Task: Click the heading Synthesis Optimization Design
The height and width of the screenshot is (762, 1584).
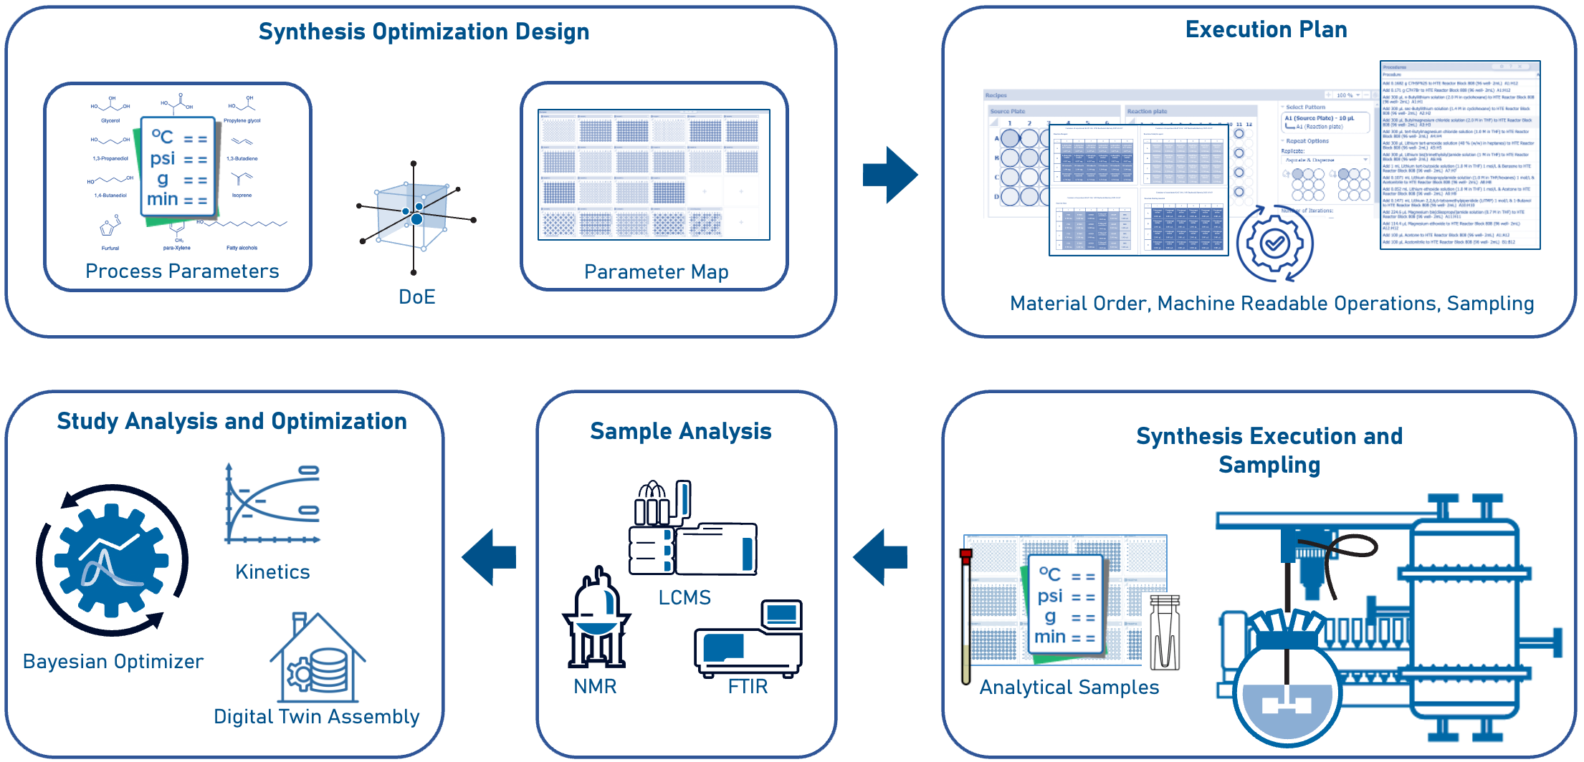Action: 424,32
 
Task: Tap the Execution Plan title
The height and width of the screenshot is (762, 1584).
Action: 1266,29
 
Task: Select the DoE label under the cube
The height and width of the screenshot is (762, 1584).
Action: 416,296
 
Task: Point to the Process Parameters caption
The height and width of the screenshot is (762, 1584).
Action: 182,271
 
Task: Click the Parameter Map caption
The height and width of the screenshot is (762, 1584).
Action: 656,272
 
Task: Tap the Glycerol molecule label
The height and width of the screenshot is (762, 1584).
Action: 110,120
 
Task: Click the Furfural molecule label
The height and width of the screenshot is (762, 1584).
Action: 110,248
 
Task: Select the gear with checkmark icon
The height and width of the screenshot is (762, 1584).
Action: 1274,244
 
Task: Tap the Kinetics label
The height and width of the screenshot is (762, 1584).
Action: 272,571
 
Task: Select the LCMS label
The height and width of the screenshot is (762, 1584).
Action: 684,597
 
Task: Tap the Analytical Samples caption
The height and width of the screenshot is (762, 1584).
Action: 1069,687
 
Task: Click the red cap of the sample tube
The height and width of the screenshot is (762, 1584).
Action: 965,554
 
